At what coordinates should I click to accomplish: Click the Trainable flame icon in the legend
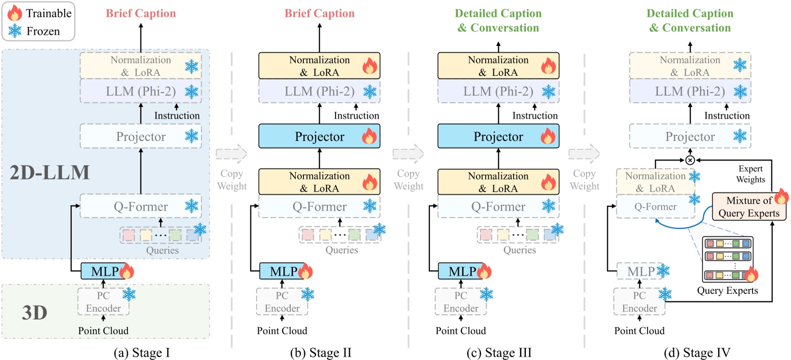(14, 13)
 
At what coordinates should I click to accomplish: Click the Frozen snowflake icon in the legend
(14, 31)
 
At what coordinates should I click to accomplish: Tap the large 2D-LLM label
(50, 172)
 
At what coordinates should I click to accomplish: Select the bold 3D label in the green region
(34, 313)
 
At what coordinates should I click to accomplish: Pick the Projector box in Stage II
(319, 136)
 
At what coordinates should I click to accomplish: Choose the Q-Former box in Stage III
(498, 207)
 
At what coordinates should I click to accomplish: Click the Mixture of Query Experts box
(748, 207)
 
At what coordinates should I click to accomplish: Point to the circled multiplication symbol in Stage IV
(690, 160)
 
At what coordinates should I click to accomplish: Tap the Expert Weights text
(750, 174)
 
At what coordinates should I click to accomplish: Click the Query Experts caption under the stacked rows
(727, 290)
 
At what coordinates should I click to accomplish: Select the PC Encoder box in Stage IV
(639, 302)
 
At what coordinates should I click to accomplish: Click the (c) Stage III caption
(499, 352)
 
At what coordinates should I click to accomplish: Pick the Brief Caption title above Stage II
(319, 14)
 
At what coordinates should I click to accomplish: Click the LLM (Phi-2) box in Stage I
(141, 91)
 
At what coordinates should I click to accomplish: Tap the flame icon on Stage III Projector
(548, 136)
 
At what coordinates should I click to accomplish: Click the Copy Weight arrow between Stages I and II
(232, 154)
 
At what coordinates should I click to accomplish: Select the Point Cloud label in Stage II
(282, 331)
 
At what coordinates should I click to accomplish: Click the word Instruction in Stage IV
(727, 116)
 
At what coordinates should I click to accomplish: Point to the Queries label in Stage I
(162, 250)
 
